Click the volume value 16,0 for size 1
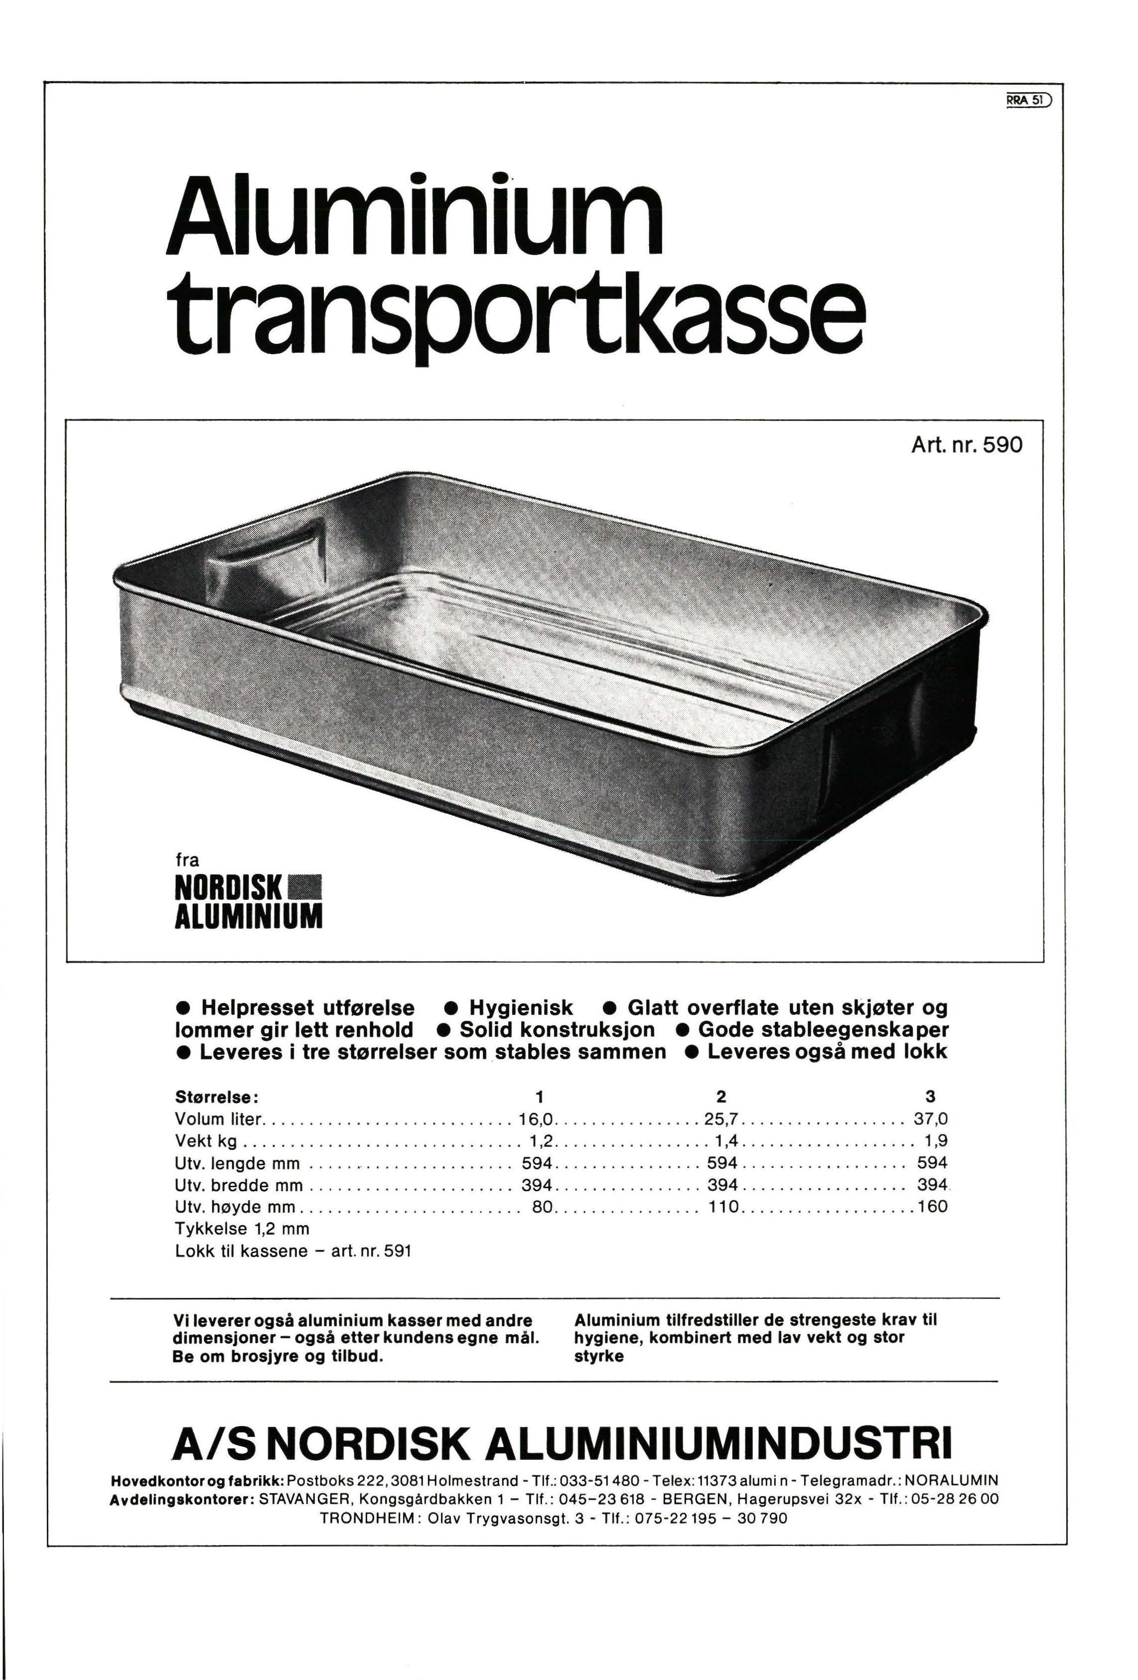pos(536,1120)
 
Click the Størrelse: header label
pos(213,1097)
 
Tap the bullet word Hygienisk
pos(521,1008)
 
